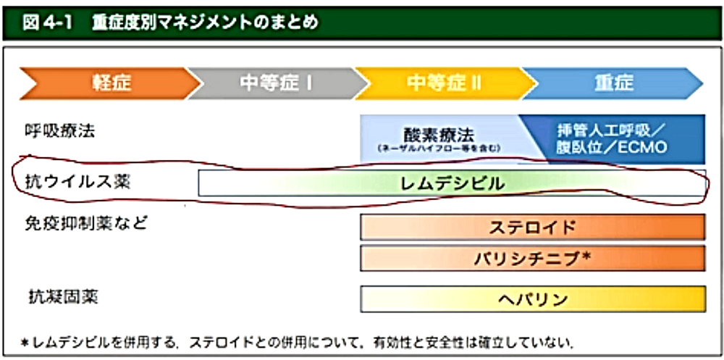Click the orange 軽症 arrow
[109, 83]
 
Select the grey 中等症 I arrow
[275, 83]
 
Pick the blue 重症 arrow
[613, 83]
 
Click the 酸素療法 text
[439, 135]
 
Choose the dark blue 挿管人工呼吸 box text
[613, 131]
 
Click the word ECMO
[644, 148]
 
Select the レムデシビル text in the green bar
[452, 183]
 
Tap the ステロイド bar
[532, 227]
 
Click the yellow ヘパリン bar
[532, 298]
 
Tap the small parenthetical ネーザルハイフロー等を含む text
[439, 149]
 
